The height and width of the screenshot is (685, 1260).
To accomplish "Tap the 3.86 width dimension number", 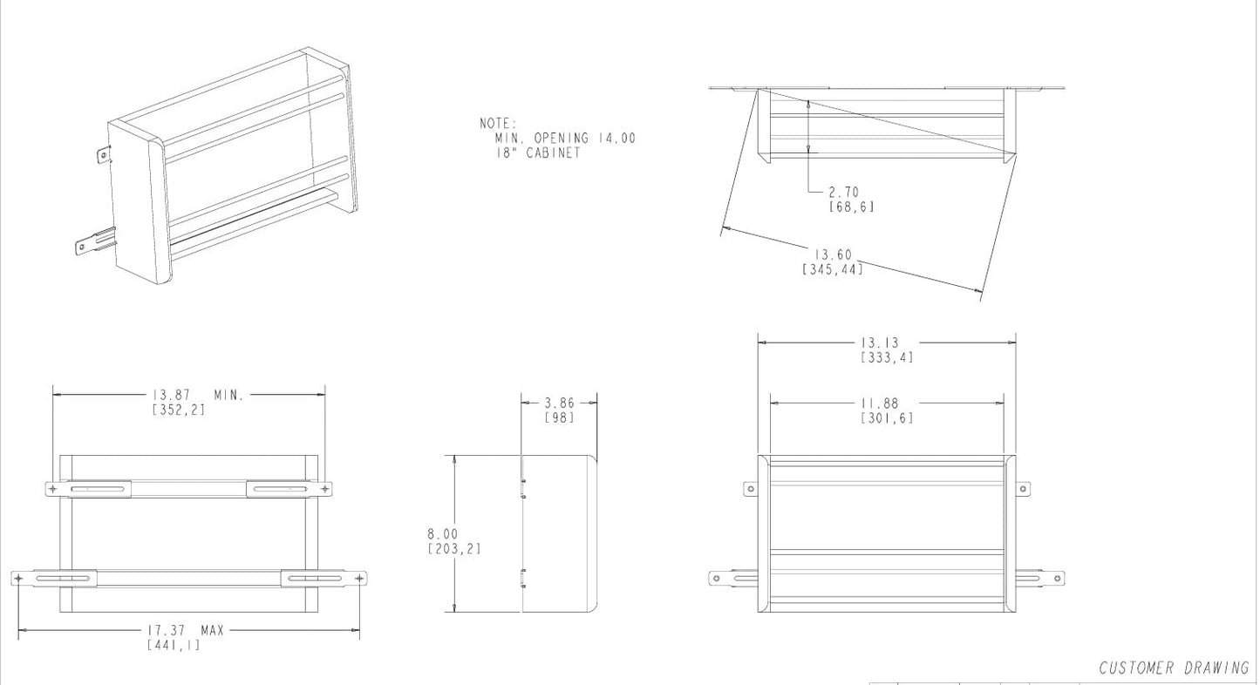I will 559,403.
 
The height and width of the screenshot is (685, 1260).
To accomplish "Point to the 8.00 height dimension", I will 442,533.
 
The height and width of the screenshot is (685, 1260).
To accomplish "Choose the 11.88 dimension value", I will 879,404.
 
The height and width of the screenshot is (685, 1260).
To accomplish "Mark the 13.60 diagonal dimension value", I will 832,254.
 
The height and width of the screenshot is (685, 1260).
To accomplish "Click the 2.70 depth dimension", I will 844,192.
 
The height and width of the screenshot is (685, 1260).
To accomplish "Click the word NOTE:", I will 498,125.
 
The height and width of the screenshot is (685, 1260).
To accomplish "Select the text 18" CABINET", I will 532,153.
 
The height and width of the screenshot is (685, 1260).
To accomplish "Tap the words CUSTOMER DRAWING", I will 1174,668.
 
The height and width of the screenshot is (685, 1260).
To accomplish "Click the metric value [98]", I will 559,417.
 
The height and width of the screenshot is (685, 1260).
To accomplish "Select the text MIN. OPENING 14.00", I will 565,139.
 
